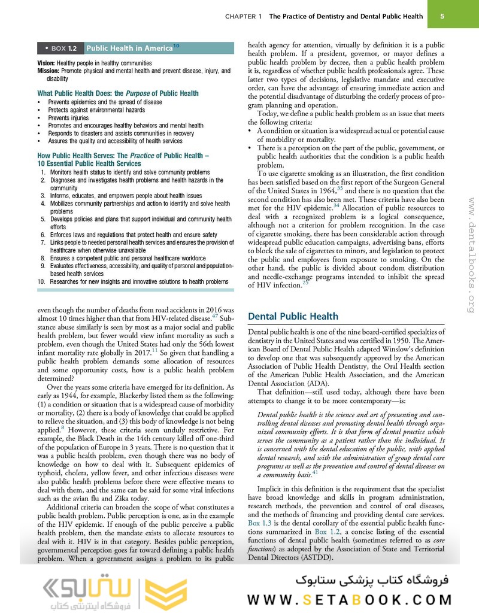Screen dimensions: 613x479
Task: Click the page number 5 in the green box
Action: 441,16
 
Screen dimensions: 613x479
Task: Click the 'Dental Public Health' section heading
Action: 293,316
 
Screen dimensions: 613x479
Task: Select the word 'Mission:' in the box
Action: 50,71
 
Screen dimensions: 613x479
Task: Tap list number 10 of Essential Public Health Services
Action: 41,281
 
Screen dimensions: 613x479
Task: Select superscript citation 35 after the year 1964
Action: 340,187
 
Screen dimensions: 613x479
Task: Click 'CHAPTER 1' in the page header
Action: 244,17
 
